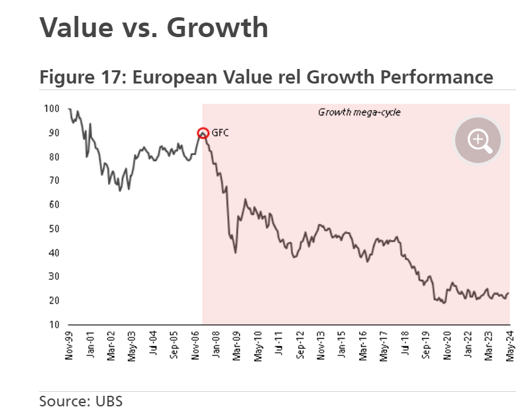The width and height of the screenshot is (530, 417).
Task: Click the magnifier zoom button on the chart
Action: point(478,139)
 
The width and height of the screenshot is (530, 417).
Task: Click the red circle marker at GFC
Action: point(203,133)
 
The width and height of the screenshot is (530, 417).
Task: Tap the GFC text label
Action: point(220,133)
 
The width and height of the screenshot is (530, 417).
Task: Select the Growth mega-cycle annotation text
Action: point(360,112)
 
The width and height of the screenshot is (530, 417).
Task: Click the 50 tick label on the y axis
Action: point(56,229)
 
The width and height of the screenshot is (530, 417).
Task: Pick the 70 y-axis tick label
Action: point(56,181)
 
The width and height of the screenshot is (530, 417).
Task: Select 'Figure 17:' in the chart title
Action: point(83,77)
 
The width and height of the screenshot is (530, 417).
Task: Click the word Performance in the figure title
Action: point(437,77)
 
